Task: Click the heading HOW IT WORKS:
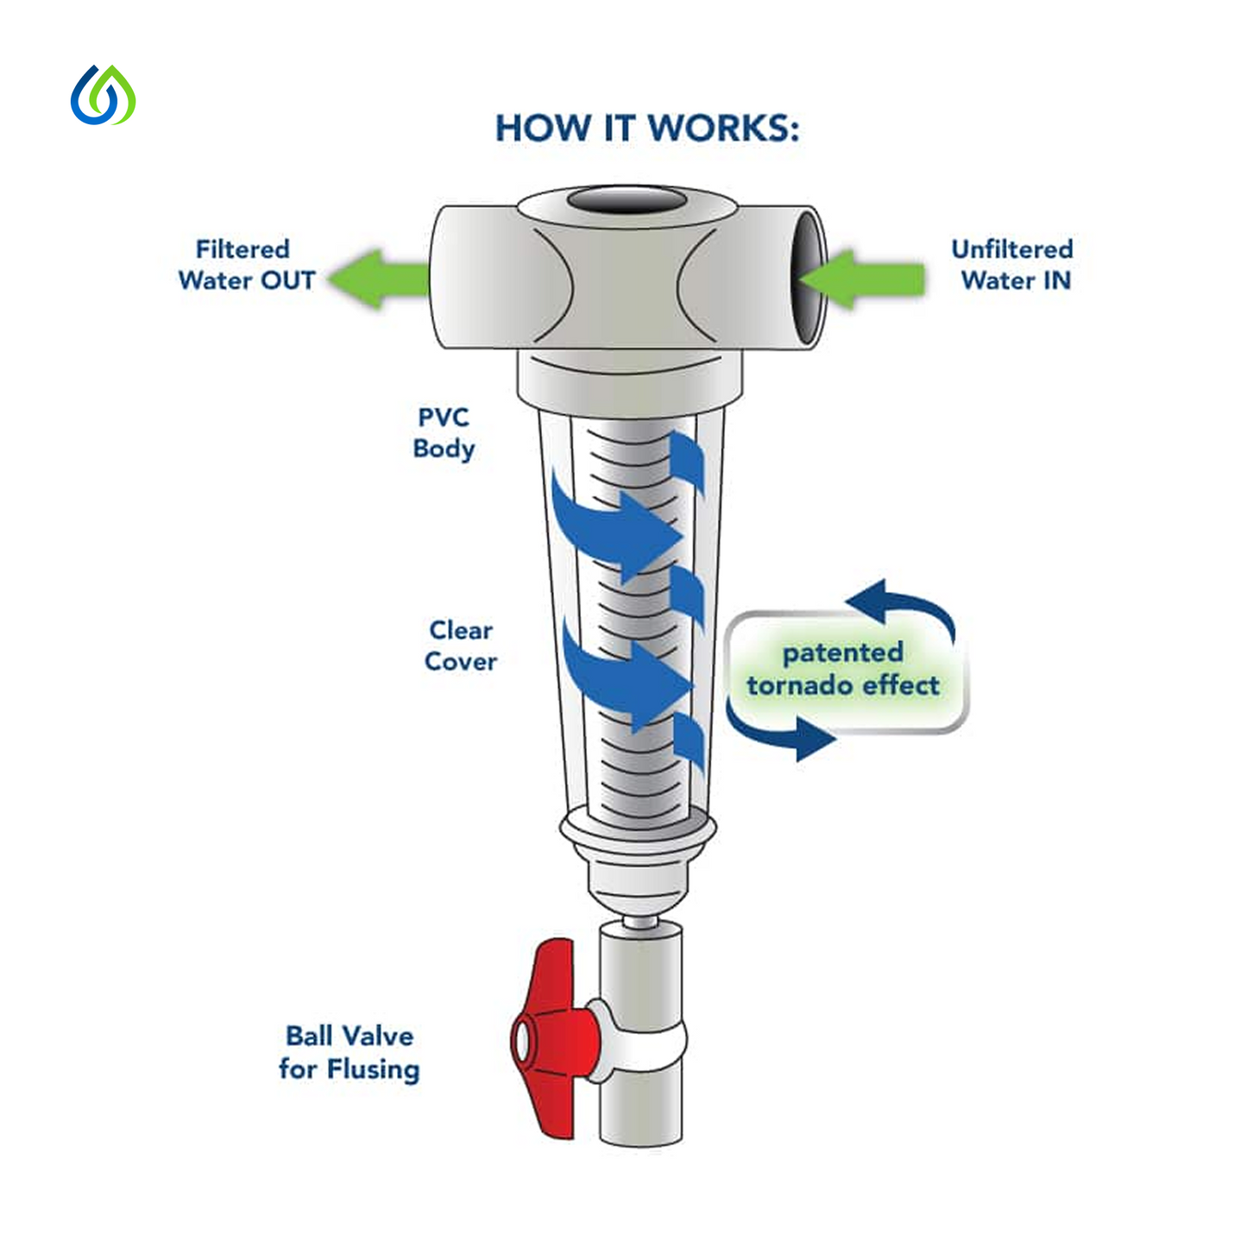tap(647, 129)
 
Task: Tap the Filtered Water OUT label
tap(246, 265)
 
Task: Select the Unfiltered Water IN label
tap(1012, 265)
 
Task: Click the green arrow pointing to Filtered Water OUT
tap(378, 278)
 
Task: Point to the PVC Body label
tap(444, 433)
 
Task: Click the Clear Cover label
tap(461, 646)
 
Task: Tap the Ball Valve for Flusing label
tap(350, 1052)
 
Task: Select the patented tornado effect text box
tap(843, 670)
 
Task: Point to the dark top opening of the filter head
tap(627, 202)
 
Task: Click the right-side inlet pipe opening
tap(809, 276)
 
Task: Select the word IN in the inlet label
tap(1056, 280)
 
